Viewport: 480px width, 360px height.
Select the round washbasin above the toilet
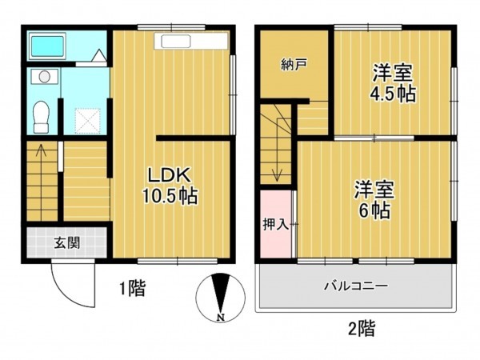pyautogui.click(x=43, y=77)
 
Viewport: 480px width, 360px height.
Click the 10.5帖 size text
pyautogui.click(x=171, y=194)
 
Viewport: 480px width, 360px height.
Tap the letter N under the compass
pyautogui.click(x=218, y=318)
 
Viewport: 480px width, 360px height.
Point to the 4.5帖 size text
pyautogui.click(x=393, y=94)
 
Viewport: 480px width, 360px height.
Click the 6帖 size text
pyautogui.click(x=374, y=212)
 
